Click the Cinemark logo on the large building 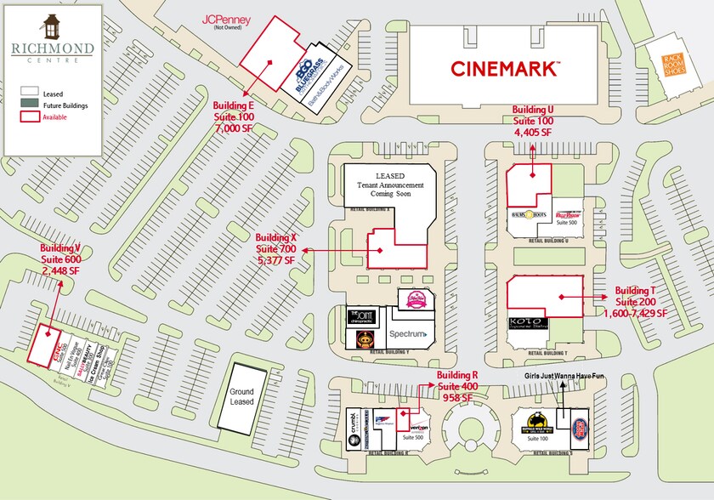click(505, 67)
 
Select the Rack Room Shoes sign click(674, 60)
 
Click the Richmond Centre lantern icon click(53, 26)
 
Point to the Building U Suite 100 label click(533, 121)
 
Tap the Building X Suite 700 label click(277, 247)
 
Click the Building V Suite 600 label click(59, 259)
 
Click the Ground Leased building click(241, 397)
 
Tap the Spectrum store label click(408, 334)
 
